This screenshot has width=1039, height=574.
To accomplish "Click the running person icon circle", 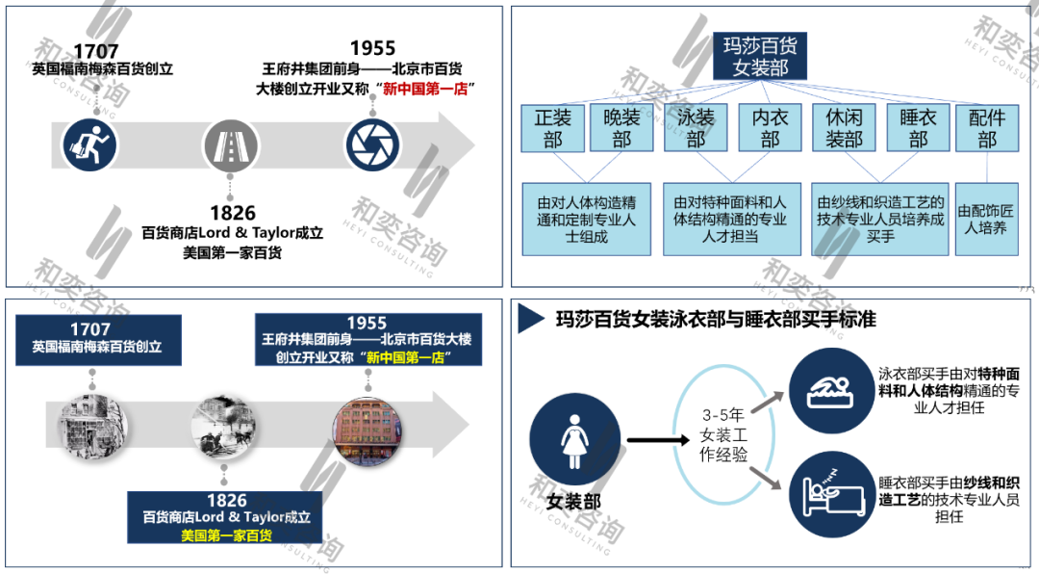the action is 89,144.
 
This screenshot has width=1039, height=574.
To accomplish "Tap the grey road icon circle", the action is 230,144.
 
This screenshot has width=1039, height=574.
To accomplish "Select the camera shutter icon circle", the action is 372,144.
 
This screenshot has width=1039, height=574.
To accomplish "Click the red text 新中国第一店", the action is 429,90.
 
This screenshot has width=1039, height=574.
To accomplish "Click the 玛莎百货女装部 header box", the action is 759,56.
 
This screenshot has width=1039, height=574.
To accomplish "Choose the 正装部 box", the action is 552,128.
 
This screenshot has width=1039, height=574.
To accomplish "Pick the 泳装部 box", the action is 696,128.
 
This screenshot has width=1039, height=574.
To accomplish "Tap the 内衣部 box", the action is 770,128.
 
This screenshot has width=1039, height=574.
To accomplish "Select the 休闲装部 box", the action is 844,128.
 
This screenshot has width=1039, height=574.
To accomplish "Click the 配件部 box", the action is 986,128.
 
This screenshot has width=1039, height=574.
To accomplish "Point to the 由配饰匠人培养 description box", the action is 986,220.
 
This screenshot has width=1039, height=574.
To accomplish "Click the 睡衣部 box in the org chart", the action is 918,128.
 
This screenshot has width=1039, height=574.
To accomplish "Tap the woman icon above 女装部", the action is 574,440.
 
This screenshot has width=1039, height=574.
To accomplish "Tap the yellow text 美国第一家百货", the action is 227,535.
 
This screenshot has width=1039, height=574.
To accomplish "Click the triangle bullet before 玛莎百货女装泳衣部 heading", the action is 528,318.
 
